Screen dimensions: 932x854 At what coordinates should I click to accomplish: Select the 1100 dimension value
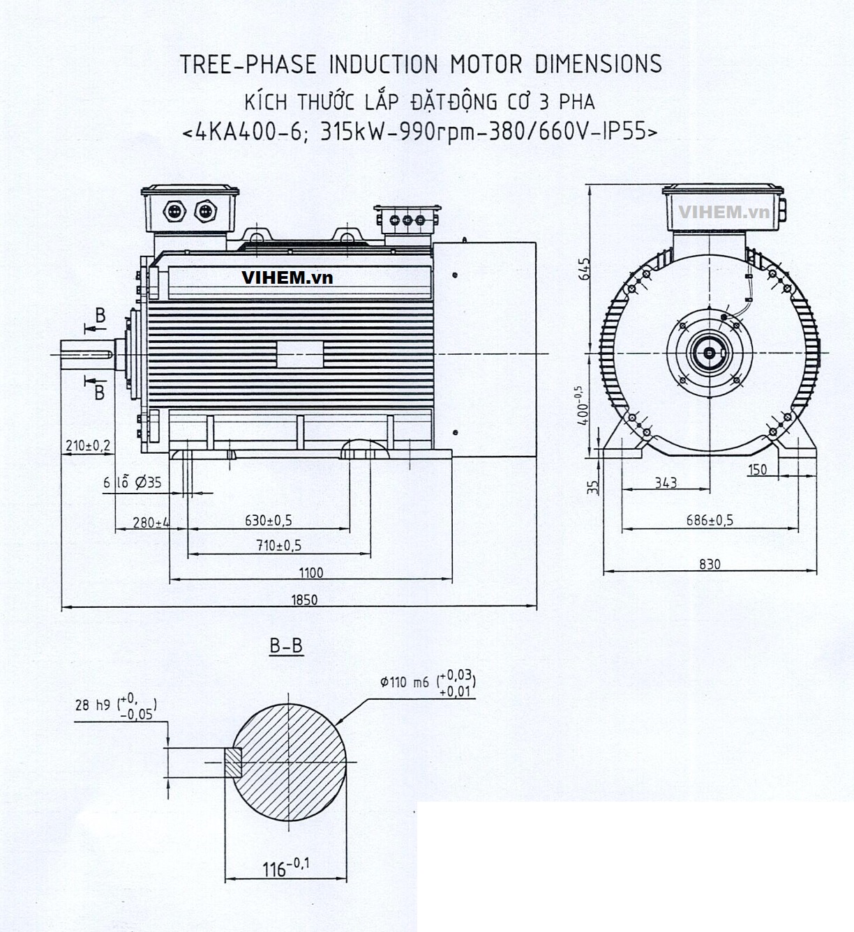[311, 572]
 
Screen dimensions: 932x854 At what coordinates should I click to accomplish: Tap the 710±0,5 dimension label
[283, 545]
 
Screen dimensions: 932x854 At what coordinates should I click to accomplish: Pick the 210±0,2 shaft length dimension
[87, 444]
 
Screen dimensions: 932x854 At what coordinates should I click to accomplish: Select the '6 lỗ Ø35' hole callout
[133, 482]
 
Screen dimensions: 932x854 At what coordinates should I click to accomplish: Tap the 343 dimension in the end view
[666, 482]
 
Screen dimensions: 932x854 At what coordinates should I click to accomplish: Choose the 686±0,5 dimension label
[710, 520]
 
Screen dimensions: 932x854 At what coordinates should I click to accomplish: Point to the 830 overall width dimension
[709, 564]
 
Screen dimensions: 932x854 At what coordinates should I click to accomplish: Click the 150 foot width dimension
[757, 470]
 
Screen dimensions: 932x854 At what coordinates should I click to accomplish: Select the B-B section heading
[286, 646]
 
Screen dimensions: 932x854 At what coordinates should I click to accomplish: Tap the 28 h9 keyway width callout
[116, 705]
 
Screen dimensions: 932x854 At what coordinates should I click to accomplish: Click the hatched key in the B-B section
[233, 762]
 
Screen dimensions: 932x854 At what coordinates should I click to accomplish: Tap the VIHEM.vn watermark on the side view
[287, 277]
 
